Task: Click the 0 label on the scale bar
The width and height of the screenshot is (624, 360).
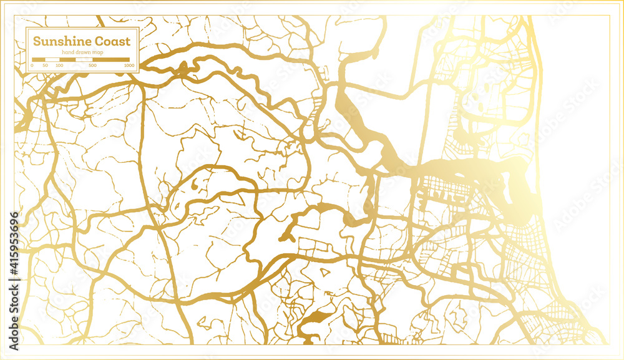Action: click(x=32, y=65)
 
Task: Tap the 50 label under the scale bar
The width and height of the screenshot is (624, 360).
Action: click(x=44, y=65)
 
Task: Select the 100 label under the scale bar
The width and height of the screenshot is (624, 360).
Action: click(x=59, y=65)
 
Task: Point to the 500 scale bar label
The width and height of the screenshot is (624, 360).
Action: click(x=92, y=65)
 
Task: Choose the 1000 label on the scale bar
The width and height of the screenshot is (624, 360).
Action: click(x=129, y=65)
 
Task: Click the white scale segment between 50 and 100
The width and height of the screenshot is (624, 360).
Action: click(x=52, y=60)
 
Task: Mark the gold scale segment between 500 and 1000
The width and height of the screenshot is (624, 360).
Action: click(x=111, y=60)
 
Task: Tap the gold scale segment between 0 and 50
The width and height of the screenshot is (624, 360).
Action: click(x=38, y=60)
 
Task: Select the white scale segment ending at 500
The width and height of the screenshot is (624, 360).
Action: click(x=76, y=60)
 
